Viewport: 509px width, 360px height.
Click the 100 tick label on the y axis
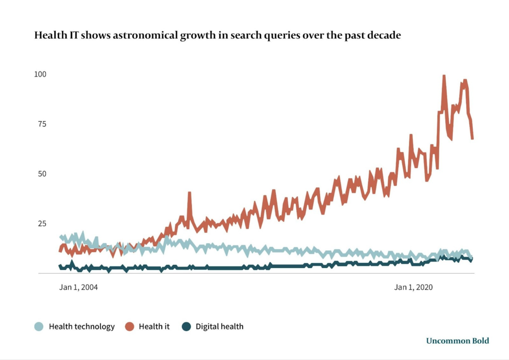[x=40, y=74]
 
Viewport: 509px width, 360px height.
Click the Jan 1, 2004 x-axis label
[x=79, y=287]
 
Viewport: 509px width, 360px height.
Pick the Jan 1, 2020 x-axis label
[x=414, y=287]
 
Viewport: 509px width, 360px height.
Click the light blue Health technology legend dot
[x=39, y=327]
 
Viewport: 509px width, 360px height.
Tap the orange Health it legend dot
[x=129, y=327]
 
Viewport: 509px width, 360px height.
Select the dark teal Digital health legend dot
[x=186, y=327]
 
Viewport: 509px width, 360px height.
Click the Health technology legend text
[x=82, y=327]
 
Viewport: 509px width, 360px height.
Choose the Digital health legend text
[x=219, y=327]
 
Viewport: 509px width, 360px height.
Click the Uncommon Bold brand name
[x=457, y=341]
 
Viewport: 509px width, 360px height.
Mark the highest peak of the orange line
[x=444, y=76]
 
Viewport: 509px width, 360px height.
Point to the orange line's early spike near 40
[x=189, y=193]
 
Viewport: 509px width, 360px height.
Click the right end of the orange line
[x=472, y=139]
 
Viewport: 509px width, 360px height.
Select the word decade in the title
[x=383, y=36]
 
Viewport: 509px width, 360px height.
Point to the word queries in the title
[x=276, y=36]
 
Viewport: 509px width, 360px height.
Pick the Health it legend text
[x=154, y=327]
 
